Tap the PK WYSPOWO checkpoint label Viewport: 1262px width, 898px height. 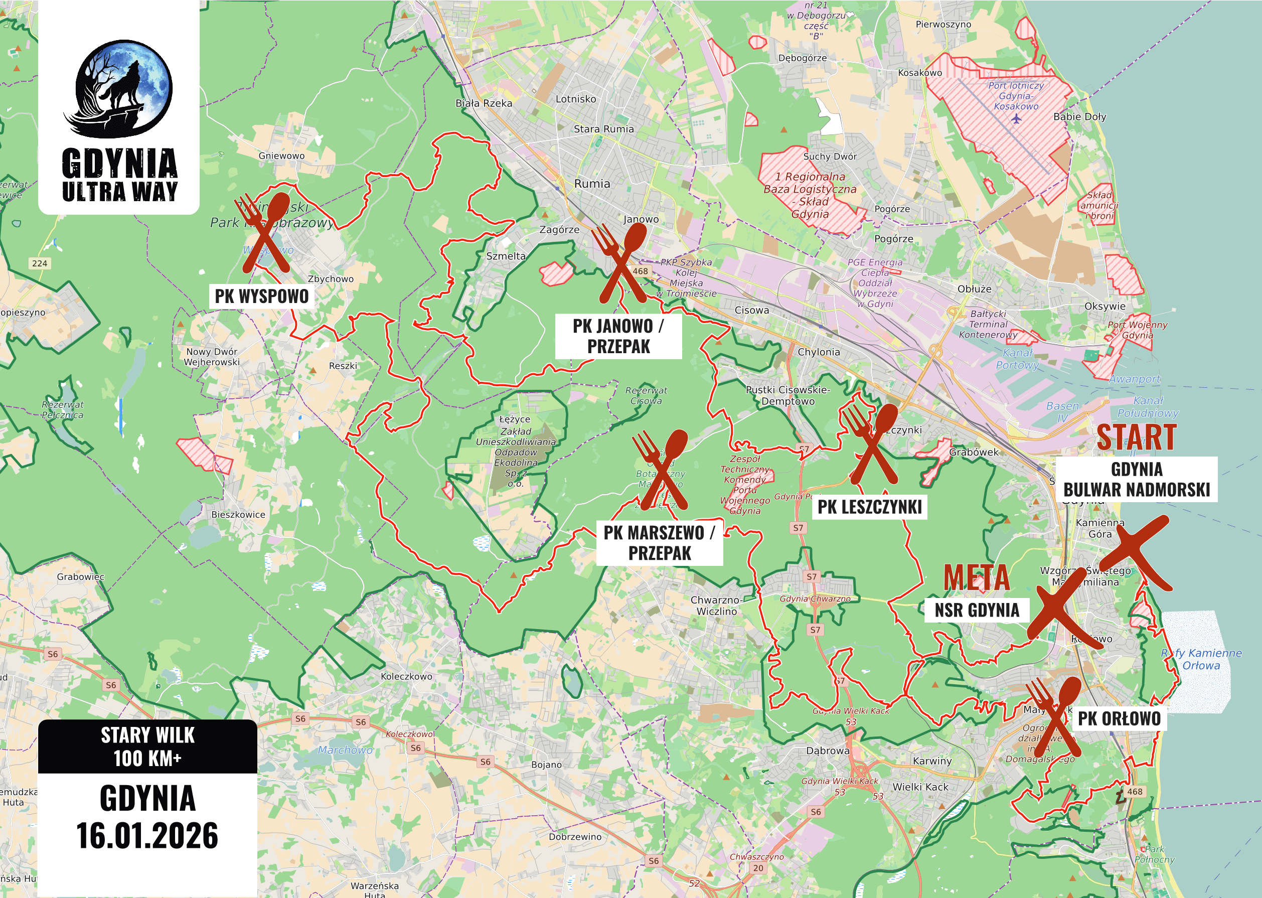pyautogui.click(x=261, y=296)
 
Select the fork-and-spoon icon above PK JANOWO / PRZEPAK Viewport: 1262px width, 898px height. pyautogui.click(x=620, y=264)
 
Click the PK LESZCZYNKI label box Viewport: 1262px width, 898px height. pyautogui.click(x=870, y=507)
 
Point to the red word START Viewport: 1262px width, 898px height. pyautogui.click(x=1137, y=438)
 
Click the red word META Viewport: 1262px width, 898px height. pyautogui.click(x=976, y=578)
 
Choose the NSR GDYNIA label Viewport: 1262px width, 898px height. pyautogui.click(x=977, y=611)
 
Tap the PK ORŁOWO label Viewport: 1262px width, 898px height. pyautogui.click(x=1119, y=719)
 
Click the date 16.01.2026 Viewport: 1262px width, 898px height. pyautogui.click(x=147, y=835)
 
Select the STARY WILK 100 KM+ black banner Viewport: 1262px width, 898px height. pyautogui.click(x=147, y=746)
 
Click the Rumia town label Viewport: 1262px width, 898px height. pyautogui.click(x=592, y=184)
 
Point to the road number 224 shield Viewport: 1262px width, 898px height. pyautogui.click(x=39, y=263)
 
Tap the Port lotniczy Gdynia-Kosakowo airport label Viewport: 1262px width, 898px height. pyautogui.click(x=1016, y=96)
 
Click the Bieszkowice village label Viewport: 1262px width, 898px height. pyautogui.click(x=238, y=514)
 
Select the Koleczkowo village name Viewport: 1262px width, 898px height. pyautogui.click(x=406, y=676)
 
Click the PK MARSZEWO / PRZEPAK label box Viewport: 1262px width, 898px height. pyautogui.click(x=660, y=542)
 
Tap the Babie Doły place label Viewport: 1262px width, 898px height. pyautogui.click(x=1079, y=117)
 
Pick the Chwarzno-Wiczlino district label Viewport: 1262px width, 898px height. pyautogui.click(x=717, y=606)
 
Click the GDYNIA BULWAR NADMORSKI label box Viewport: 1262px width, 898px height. pyautogui.click(x=1137, y=480)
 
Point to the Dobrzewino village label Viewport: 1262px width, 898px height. pyautogui.click(x=575, y=837)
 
